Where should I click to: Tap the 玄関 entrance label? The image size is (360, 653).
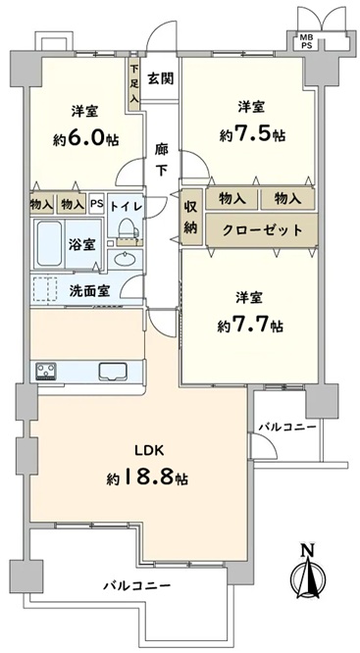[161, 78]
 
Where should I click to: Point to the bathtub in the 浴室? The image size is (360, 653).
[50, 244]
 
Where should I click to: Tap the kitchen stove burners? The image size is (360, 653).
[46, 371]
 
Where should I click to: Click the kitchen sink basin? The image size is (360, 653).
[113, 371]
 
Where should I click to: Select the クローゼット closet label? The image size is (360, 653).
[262, 229]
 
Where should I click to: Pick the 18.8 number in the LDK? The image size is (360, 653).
[146, 477]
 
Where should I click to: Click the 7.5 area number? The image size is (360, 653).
[253, 134]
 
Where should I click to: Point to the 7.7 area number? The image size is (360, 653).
[251, 326]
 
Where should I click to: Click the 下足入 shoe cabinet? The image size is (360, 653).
[134, 83]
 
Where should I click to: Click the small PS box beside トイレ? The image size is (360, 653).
[97, 204]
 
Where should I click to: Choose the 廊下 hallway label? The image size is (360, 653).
[161, 160]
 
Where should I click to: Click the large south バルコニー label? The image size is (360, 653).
[137, 586]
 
